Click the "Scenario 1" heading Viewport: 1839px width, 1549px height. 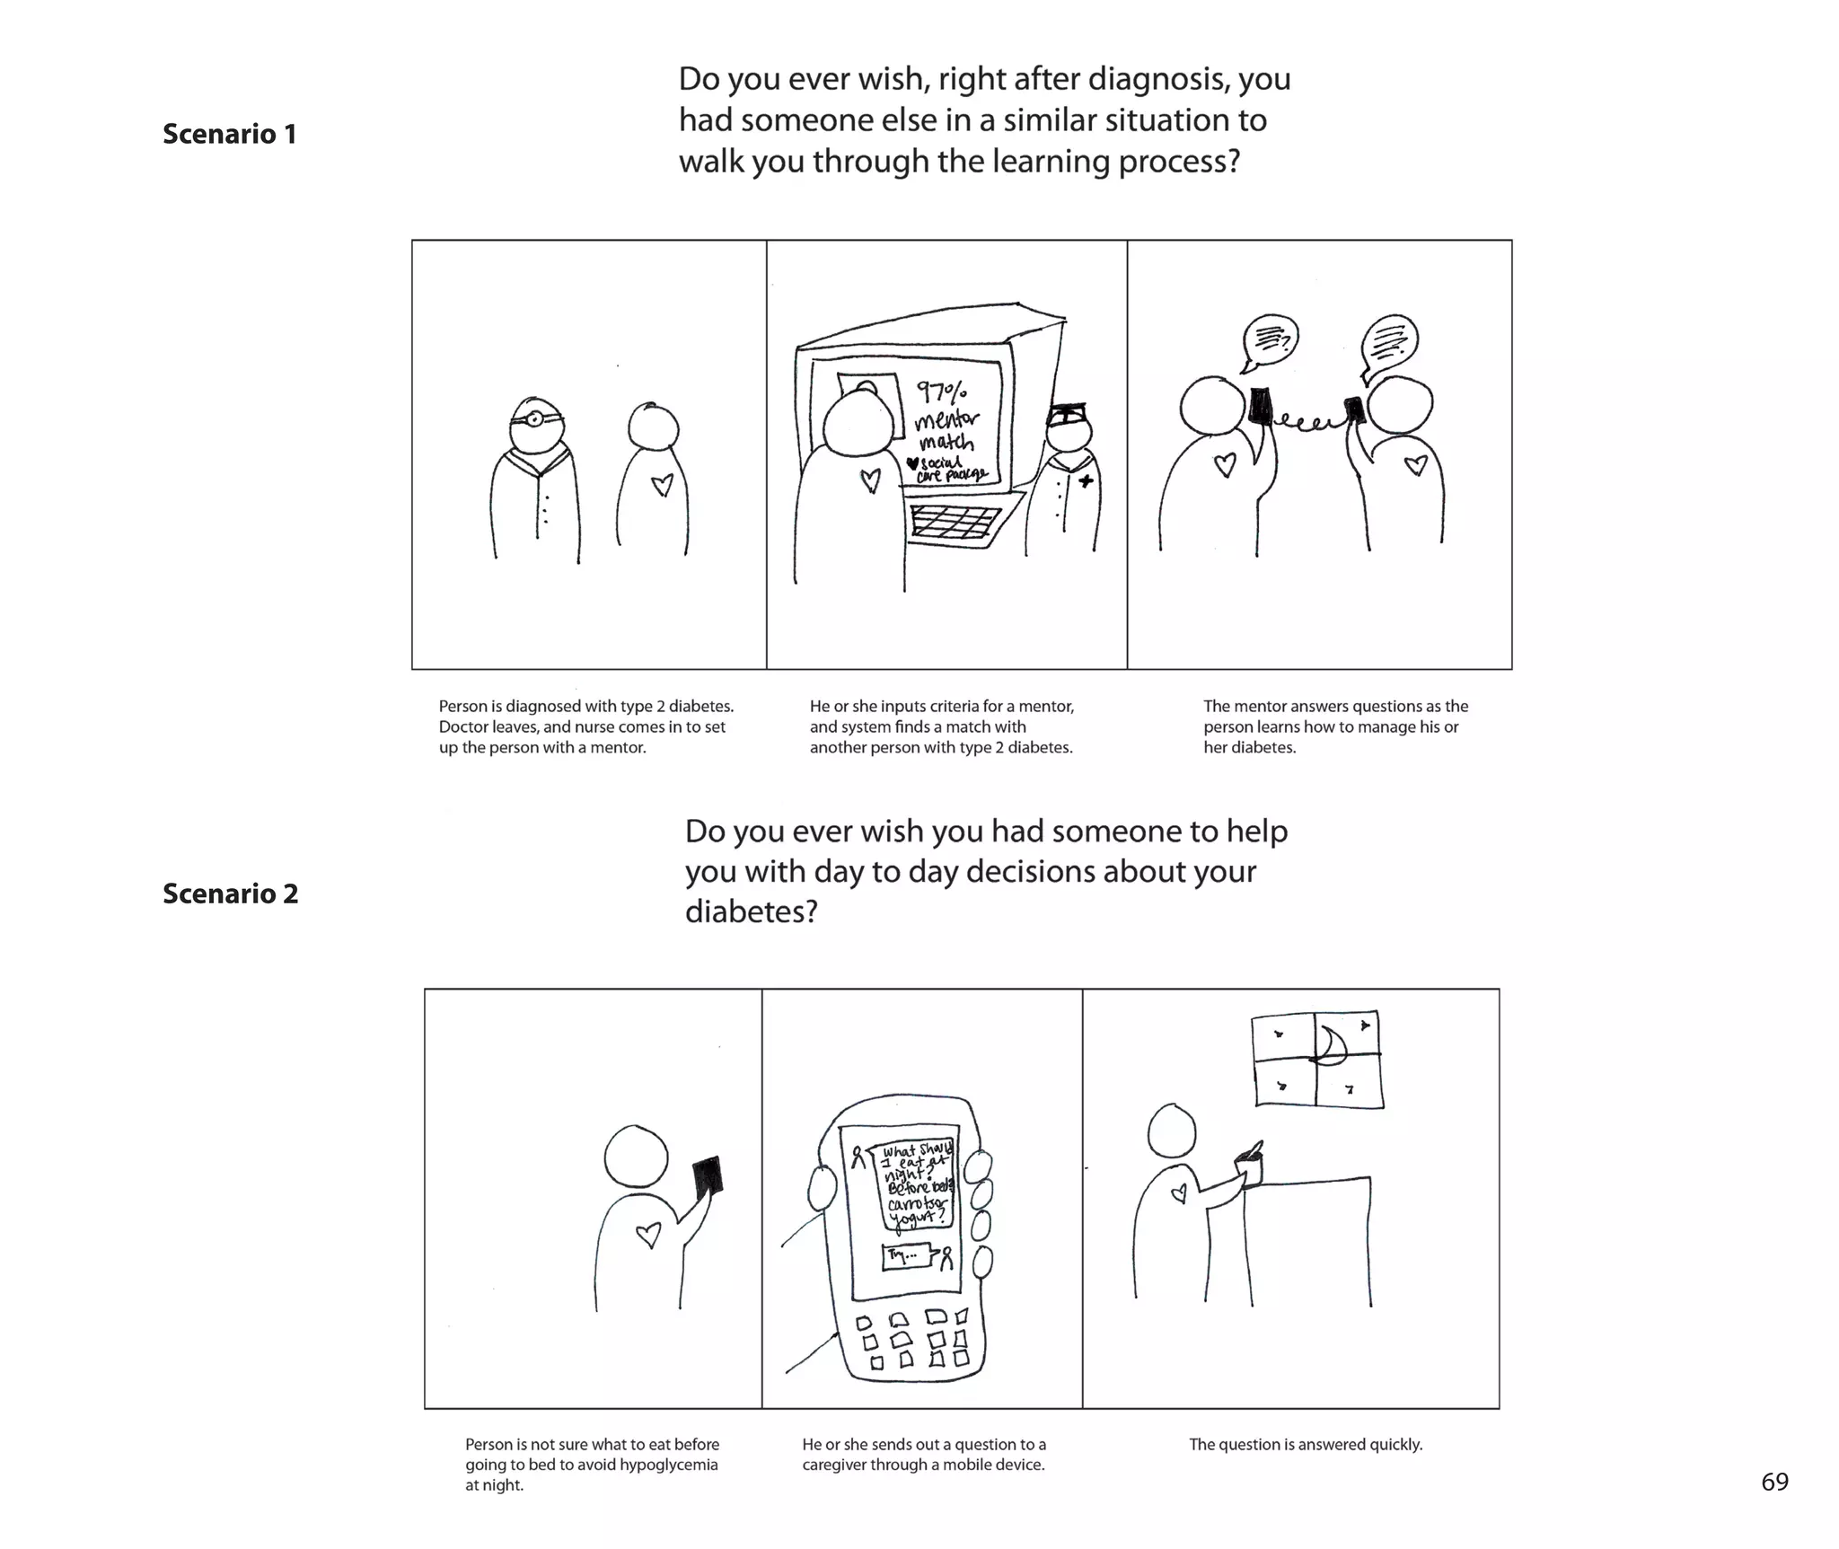coord(229,134)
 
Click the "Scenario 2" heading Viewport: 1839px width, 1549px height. coord(230,893)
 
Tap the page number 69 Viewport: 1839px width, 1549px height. coord(1774,1483)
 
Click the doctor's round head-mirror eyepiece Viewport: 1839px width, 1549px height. coord(534,418)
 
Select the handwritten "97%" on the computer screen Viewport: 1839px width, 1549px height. coord(942,392)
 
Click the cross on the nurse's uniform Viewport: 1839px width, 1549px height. coord(1086,481)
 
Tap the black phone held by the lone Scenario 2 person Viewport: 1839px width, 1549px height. coord(708,1176)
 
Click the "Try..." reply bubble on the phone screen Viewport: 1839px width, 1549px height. coord(906,1255)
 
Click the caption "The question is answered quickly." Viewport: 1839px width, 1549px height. coord(1306,1444)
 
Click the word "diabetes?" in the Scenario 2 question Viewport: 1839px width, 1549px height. coord(751,911)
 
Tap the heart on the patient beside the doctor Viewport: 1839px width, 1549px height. coord(662,485)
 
